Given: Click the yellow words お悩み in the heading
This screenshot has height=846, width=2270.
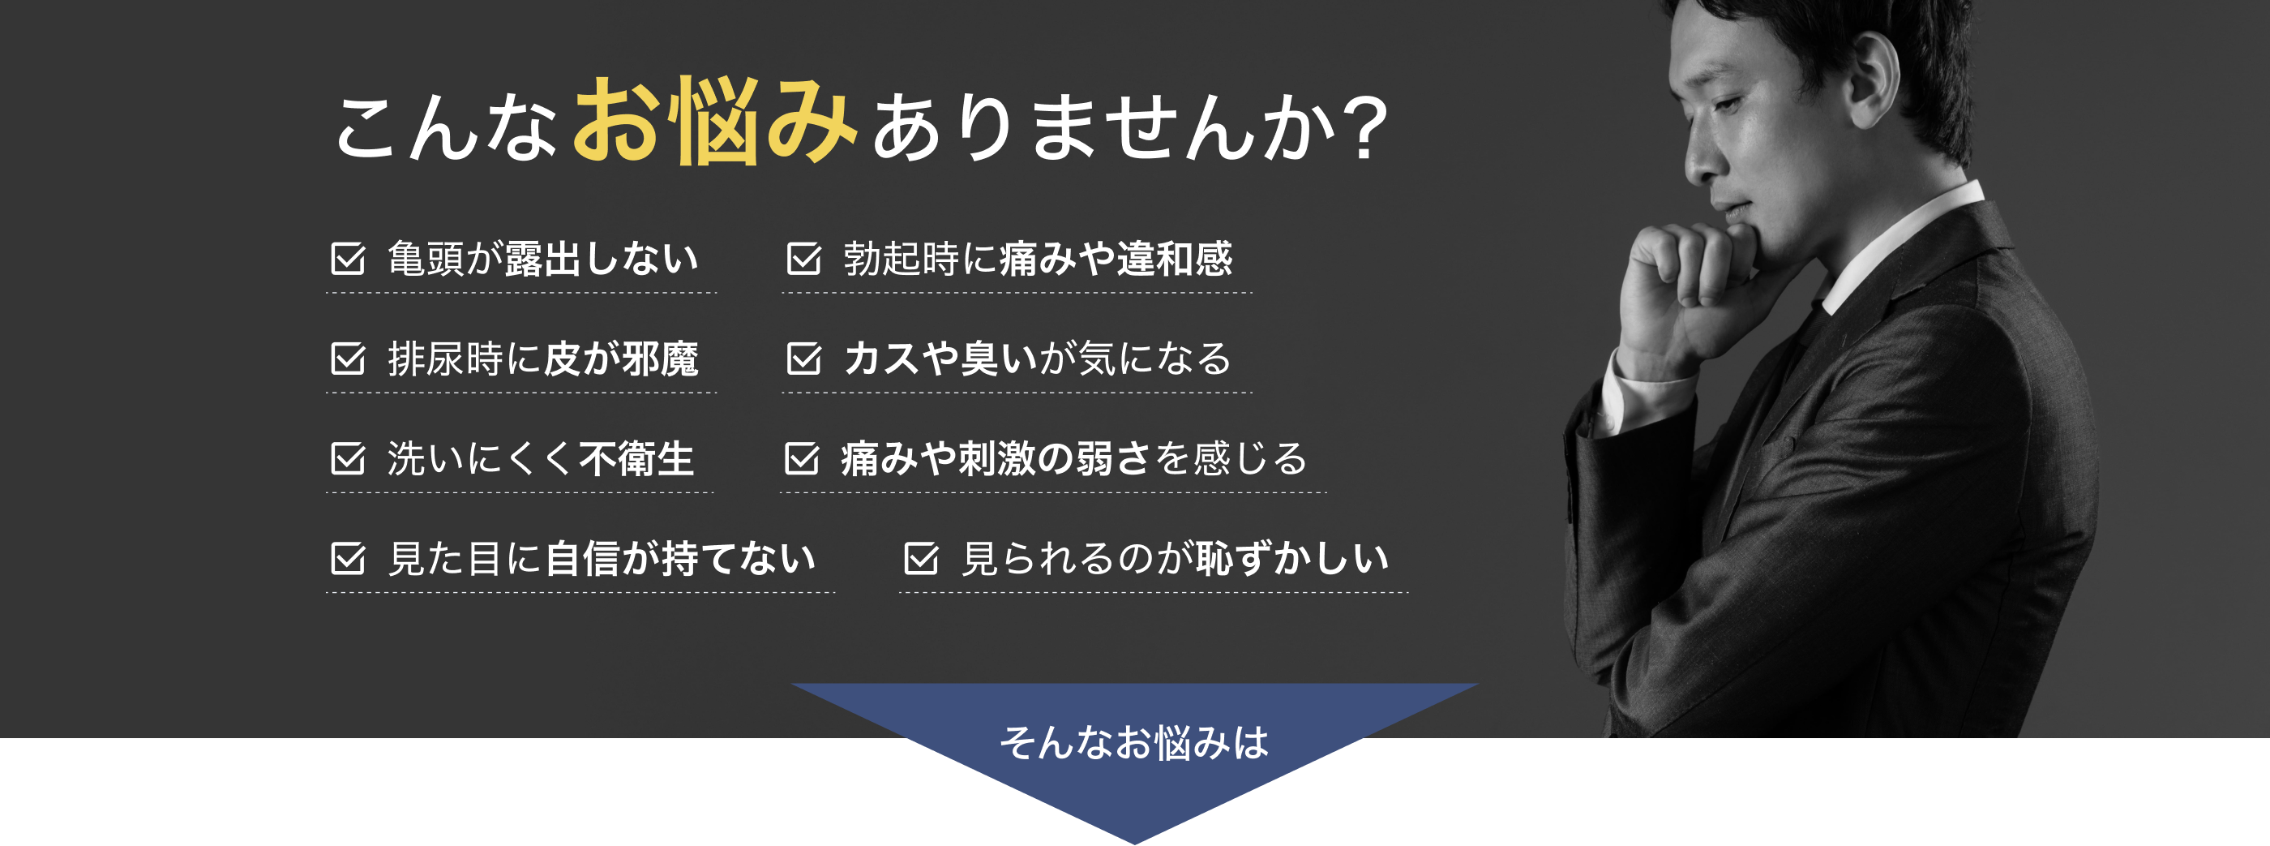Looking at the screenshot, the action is coord(716,121).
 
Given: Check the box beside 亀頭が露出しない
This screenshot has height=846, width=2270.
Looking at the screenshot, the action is coord(348,258).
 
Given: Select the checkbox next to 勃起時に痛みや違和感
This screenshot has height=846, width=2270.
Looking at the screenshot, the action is coord(803,258).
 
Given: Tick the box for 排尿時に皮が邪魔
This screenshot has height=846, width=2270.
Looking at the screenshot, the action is coord(348,359).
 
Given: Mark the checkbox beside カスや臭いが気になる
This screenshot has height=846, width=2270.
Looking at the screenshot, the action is coord(803,359).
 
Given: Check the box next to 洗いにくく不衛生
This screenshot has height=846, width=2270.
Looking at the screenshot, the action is coord(348,458).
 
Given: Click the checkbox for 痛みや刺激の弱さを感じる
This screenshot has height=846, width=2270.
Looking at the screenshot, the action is coord(802,458).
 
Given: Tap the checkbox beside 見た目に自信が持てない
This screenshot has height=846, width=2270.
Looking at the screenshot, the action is coord(348,558).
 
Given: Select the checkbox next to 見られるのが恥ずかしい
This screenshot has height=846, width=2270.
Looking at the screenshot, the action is coord(921,558).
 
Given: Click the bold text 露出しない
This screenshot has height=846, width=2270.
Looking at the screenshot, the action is coord(602,258).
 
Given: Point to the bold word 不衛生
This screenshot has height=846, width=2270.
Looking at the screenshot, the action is coord(637,458).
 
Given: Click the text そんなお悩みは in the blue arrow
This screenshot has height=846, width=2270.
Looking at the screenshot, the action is coord(1134,742).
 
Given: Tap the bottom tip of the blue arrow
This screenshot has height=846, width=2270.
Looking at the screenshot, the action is coord(1135,844).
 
